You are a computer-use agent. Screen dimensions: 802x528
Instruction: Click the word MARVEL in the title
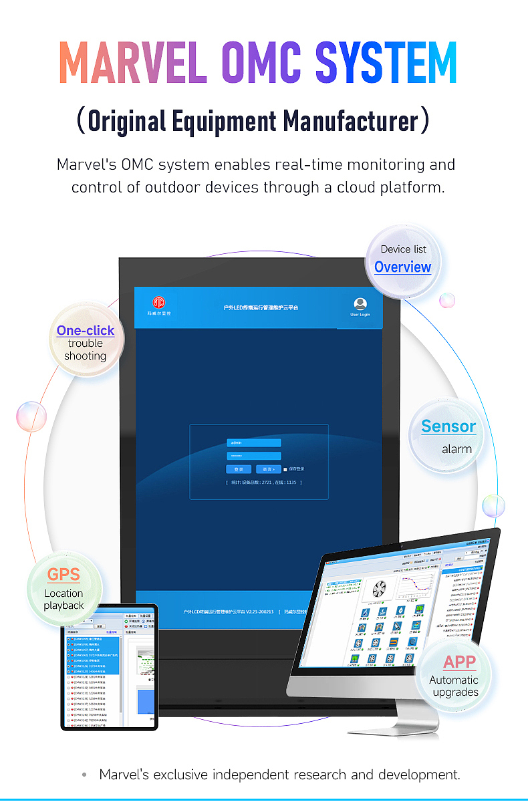[x=132, y=63]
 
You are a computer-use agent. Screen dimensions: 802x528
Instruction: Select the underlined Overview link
[x=402, y=267]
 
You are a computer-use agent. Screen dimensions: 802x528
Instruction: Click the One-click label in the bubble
[x=86, y=330]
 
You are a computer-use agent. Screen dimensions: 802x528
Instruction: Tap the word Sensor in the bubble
[x=448, y=426]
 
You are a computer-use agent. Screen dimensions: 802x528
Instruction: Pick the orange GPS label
[x=63, y=574]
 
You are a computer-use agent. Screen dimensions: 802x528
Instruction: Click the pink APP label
[x=460, y=662]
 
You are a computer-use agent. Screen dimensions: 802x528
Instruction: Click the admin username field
[x=254, y=442]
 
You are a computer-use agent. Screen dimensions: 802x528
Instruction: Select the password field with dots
[x=254, y=456]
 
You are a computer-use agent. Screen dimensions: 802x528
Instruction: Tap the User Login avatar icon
[x=360, y=304]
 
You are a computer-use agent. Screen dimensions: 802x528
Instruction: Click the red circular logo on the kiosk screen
[x=159, y=303]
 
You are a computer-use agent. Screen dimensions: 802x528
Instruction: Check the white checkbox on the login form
[x=285, y=469]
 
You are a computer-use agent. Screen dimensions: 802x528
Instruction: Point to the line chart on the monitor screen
[x=416, y=588]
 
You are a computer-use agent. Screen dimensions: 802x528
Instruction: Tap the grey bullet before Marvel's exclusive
[x=84, y=775]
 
